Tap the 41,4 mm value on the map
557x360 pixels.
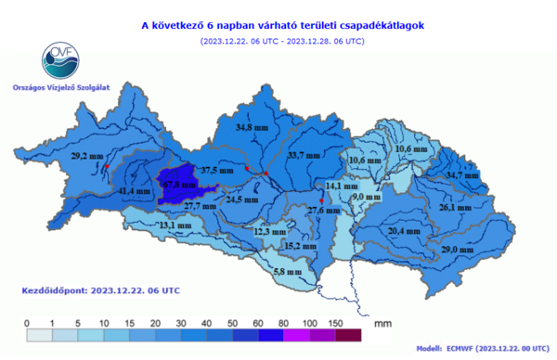point(136,191)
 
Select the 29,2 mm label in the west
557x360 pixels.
point(86,157)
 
